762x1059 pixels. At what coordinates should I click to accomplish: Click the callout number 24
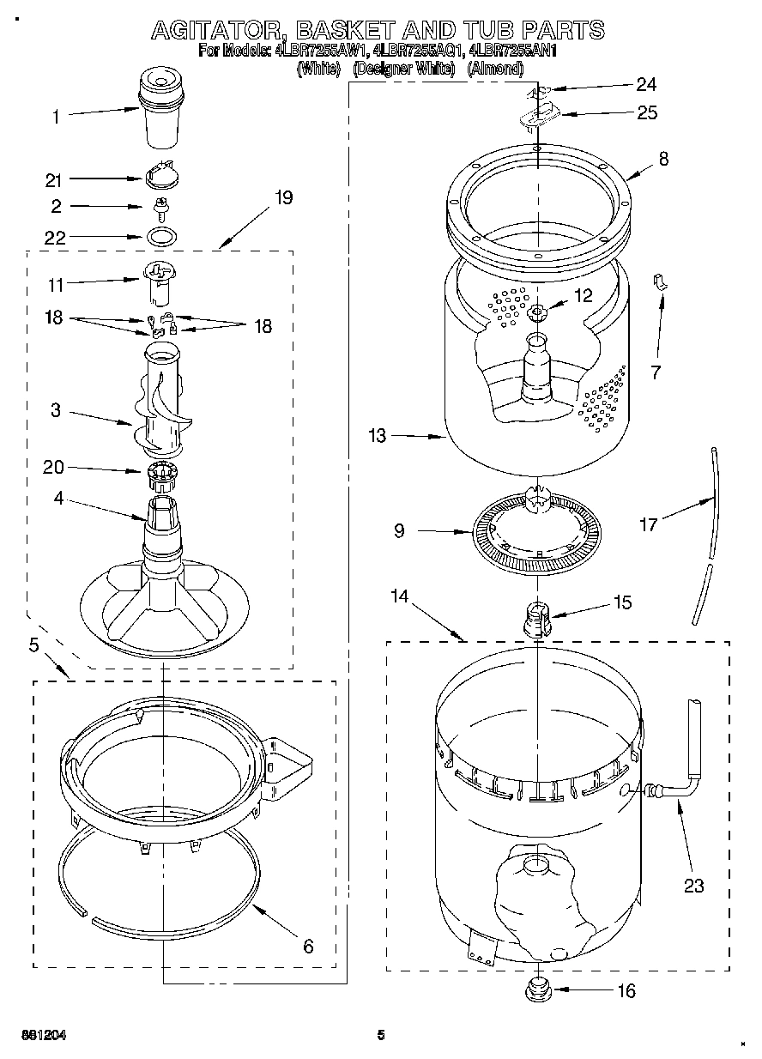pyautogui.click(x=645, y=83)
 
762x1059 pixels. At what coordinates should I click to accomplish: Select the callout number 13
pyautogui.click(x=378, y=436)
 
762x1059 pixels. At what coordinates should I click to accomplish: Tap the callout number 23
pyautogui.click(x=693, y=886)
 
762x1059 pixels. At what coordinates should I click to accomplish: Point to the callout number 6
pyautogui.click(x=308, y=947)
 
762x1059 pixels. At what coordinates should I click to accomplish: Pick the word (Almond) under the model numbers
pyautogui.click(x=495, y=69)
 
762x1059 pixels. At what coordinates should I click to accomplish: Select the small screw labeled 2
pyautogui.click(x=160, y=206)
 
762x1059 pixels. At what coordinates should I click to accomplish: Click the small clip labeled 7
pyautogui.click(x=660, y=282)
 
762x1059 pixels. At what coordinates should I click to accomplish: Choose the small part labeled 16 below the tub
pyautogui.click(x=538, y=988)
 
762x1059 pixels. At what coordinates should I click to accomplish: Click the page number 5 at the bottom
pyautogui.click(x=380, y=1035)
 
